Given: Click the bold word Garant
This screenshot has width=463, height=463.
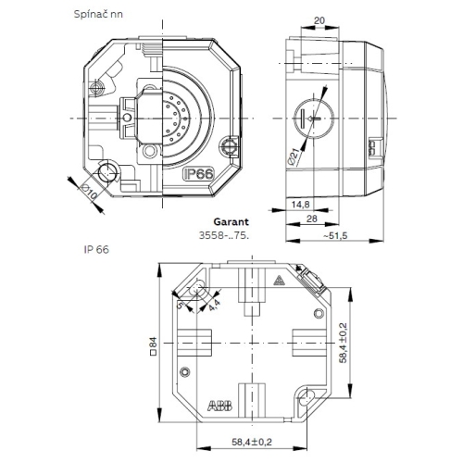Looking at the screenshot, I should pos(231,223).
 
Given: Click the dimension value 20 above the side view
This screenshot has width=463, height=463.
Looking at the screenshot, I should pos(319,19).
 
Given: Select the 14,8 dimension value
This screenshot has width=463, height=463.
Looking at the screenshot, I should pos(299,204).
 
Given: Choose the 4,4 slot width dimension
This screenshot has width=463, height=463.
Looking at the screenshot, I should pos(214,307).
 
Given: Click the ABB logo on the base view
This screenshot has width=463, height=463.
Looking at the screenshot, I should pos(221,406).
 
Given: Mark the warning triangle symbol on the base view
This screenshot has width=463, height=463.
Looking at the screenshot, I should pos(278,282).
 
